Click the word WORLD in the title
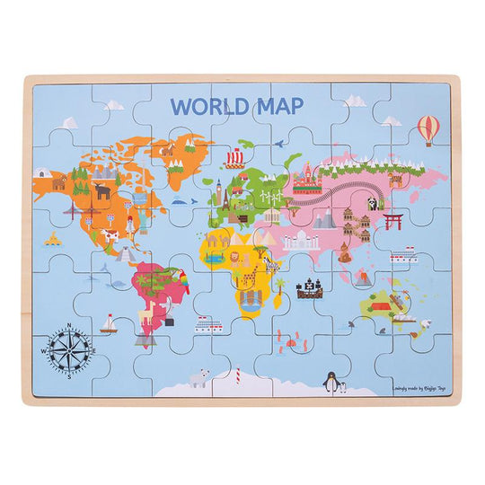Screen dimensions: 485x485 coord(206,105)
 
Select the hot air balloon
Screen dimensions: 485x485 coord(428,128)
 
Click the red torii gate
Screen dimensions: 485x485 coord(392,220)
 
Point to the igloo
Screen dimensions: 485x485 coord(41,171)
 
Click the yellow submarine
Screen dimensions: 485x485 coord(52,239)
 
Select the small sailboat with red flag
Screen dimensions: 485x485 coord(110,322)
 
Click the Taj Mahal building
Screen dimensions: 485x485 coord(297,240)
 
